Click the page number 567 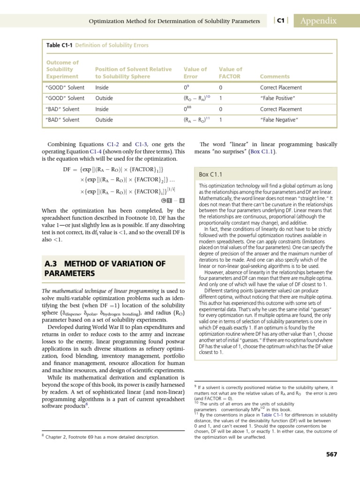tap(331, 454)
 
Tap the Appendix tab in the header tap(319, 21)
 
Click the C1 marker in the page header tap(281, 21)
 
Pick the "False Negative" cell tap(279, 120)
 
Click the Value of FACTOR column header tap(231, 73)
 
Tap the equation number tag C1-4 tap(172, 201)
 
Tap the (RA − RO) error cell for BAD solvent tap(196, 120)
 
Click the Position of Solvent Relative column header tap(133, 73)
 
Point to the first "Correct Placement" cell tap(281, 87)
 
